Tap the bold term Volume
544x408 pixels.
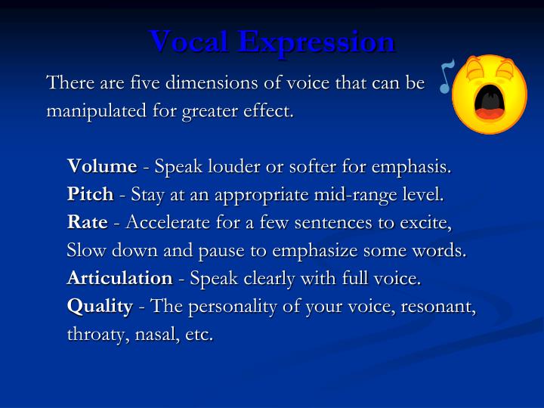pyautogui.click(x=102, y=166)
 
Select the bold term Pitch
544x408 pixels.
pyautogui.click(x=90, y=195)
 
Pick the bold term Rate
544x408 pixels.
pyautogui.click(x=87, y=222)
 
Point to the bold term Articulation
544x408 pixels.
pyautogui.click(x=119, y=278)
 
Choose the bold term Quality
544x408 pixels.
pyautogui.click(x=100, y=306)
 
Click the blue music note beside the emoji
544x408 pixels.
pyautogui.click(x=447, y=76)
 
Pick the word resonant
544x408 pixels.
pyautogui.click(x=441, y=306)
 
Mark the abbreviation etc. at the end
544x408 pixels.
pyautogui.click(x=199, y=335)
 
